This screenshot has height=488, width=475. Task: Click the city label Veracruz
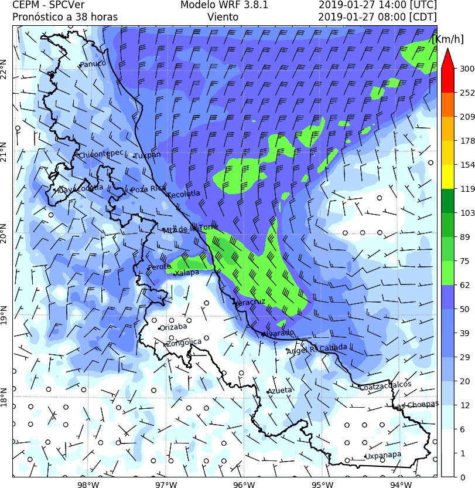(x=251, y=302)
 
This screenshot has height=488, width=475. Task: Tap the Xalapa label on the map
(x=187, y=273)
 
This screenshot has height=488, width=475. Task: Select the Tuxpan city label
(x=147, y=155)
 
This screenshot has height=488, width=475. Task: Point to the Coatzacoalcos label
(x=385, y=385)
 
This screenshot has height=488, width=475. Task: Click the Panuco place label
(x=93, y=64)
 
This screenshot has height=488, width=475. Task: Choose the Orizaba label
(x=173, y=327)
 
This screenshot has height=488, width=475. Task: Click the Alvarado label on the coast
(x=278, y=333)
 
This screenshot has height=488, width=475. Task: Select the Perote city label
(x=159, y=267)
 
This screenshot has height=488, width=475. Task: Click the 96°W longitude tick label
(x=243, y=484)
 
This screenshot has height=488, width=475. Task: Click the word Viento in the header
(x=223, y=17)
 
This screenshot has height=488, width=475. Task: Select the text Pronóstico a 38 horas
(x=65, y=17)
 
